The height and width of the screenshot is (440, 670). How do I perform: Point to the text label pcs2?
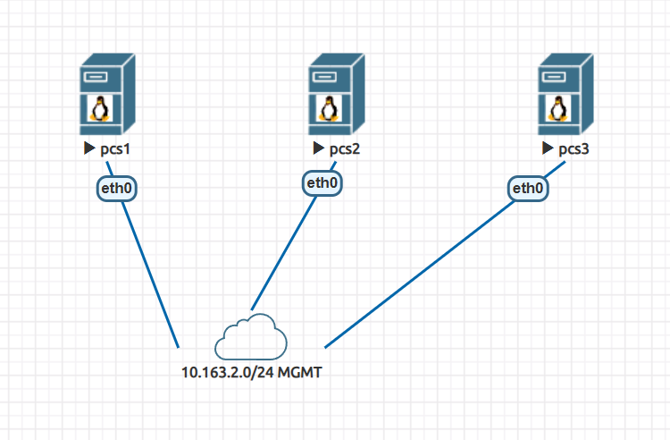pyautogui.click(x=344, y=148)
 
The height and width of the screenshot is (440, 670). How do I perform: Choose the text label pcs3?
pyautogui.click(x=574, y=148)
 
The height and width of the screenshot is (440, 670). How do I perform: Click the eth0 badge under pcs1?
pyautogui.click(x=116, y=189)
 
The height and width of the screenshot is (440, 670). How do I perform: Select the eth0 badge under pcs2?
pyautogui.click(x=322, y=182)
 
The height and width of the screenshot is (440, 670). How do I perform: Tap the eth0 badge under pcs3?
pyautogui.click(x=528, y=189)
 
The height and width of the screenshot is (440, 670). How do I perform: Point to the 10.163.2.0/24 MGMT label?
pyautogui.click(x=251, y=372)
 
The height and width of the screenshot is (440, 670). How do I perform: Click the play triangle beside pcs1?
pyautogui.click(x=89, y=148)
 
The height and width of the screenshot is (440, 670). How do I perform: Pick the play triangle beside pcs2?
pyautogui.click(x=318, y=148)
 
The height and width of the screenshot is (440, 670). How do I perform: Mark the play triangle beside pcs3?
pyautogui.click(x=547, y=148)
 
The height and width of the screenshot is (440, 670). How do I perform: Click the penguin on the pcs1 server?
pyautogui.click(x=100, y=109)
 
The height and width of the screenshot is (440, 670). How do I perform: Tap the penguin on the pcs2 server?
pyautogui.click(x=329, y=109)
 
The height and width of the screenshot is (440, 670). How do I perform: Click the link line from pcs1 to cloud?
pyautogui.click(x=152, y=277)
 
